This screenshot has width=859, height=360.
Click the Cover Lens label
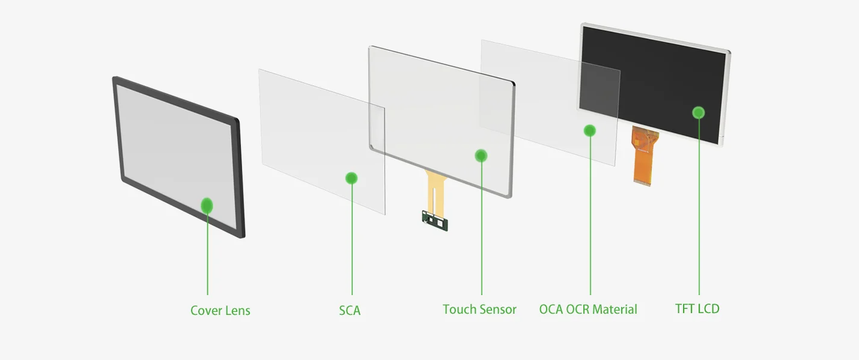[220, 310]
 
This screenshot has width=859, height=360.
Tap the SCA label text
[350, 310]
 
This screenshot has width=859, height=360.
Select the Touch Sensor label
[479, 310]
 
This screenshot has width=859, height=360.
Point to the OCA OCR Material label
[588, 310]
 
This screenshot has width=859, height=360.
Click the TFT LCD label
[697, 308]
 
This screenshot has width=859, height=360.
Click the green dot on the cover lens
[207, 206]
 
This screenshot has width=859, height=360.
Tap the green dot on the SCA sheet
[351, 178]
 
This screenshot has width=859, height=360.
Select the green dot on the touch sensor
[481, 156]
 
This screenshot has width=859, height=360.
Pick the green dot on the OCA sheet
[590, 131]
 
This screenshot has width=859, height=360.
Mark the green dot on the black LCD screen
[699, 112]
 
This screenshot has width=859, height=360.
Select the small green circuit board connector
[435, 221]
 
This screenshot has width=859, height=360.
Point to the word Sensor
[497, 310]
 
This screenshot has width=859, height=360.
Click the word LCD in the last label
[708, 308]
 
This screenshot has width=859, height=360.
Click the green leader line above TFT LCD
[699, 207]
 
